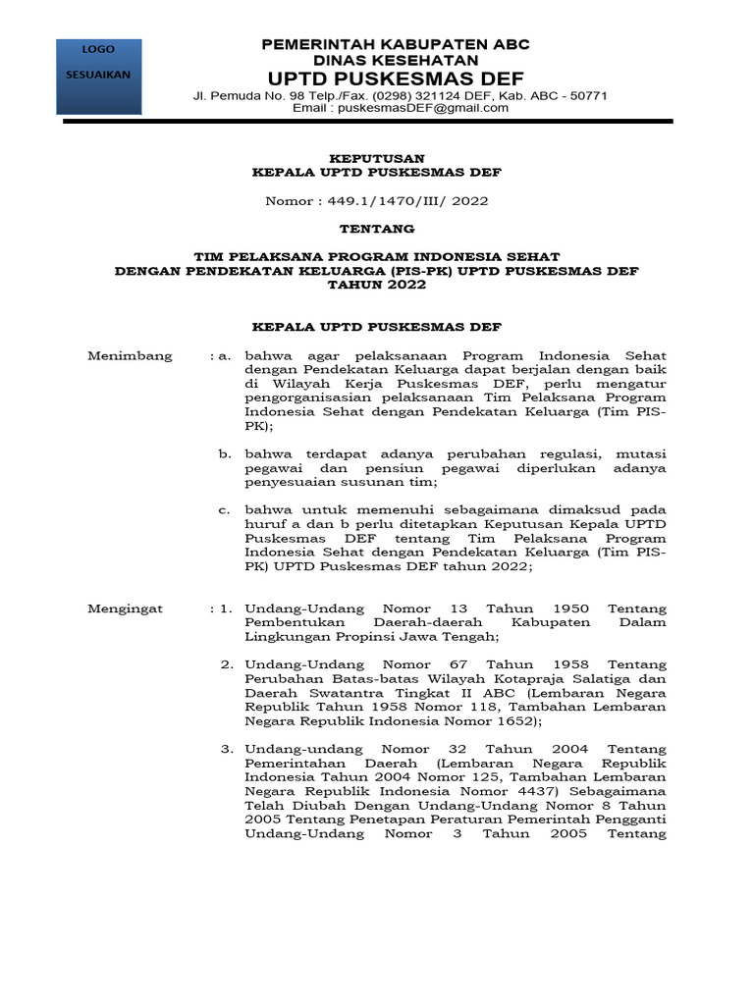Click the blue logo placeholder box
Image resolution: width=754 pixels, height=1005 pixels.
click(x=98, y=76)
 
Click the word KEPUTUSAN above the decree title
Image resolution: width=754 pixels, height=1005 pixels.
click(x=376, y=158)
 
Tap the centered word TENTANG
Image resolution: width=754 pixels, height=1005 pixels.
click(x=377, y=229)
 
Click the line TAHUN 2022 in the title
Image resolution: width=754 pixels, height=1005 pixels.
click(x=377, y=285)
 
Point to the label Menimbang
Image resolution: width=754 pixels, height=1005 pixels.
click(x=131, y=355)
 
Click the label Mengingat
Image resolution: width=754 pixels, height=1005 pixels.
click(x=126, y=608)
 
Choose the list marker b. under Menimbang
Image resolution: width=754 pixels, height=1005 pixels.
click(x=225, y=453)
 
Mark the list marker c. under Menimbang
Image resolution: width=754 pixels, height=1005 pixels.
click(x=225, y=510)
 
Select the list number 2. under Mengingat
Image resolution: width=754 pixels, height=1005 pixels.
click(x=227, y=665)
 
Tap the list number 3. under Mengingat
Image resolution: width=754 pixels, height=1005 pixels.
click(x=227, y=750)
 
